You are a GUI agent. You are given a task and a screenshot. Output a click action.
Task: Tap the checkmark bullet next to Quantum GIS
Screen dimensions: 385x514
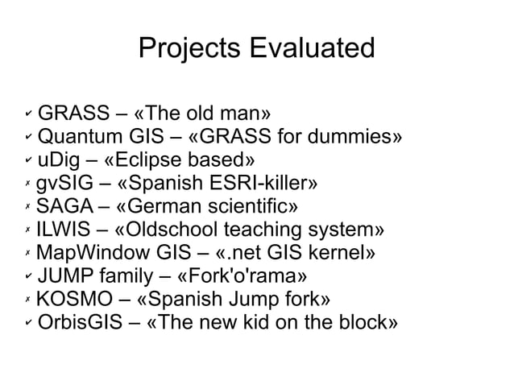tap(26, 134)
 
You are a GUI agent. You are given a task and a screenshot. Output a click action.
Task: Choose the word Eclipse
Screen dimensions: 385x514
tap(152, 155)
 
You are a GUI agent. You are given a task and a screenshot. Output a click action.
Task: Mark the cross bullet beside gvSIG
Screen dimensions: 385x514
tap(26, 179)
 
